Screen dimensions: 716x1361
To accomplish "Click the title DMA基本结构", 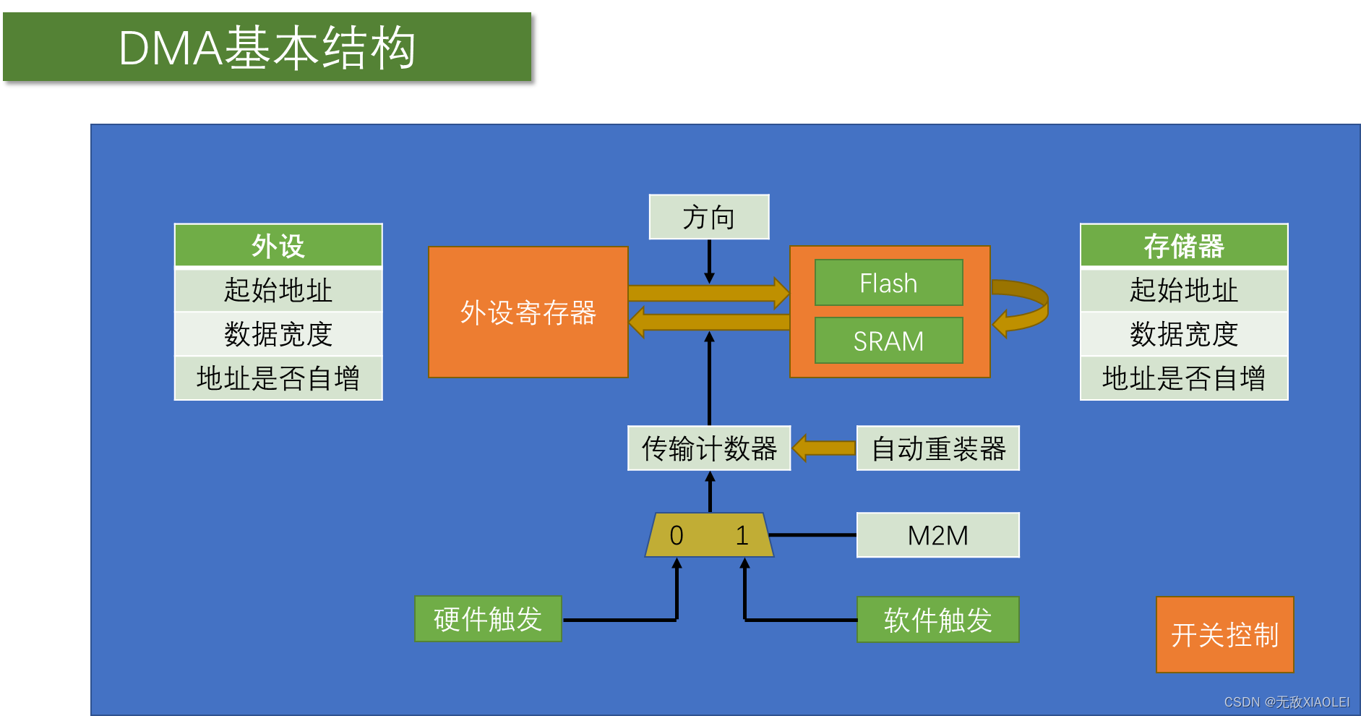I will tap(267, 48).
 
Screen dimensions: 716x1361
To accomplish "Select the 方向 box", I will tap(708, 217).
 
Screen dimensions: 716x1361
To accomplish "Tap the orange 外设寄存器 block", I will tap(528, 312).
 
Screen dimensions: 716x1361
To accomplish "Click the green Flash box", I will tap(888, 283).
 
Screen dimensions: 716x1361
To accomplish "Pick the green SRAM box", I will tap(888, 341).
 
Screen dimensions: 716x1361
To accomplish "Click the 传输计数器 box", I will tap(708, 448).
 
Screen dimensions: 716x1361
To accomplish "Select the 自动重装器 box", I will tap(937, 448).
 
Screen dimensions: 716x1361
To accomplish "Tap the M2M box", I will tap(937, 535).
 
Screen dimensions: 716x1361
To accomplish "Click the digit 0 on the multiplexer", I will tap(677, 536).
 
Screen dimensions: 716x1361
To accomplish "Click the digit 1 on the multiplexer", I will tap(742, 536).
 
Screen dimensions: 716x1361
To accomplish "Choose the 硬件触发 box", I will tap(488, 619).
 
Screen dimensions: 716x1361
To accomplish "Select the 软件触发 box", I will tap(937, 620).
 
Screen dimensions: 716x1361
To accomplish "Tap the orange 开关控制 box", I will tap(1224, 635).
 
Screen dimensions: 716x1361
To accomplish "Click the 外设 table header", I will tap(278, 246).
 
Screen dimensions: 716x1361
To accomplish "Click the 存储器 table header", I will tap(1183, 246).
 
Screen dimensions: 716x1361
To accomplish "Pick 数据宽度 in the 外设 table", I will tap(278, 334).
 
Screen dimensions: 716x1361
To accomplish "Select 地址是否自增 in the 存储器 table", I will tap(1183, 378).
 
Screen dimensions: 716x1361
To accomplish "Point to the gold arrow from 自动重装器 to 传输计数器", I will tap(824, 448).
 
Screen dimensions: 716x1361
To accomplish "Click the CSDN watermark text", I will tap(1286, 702).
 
